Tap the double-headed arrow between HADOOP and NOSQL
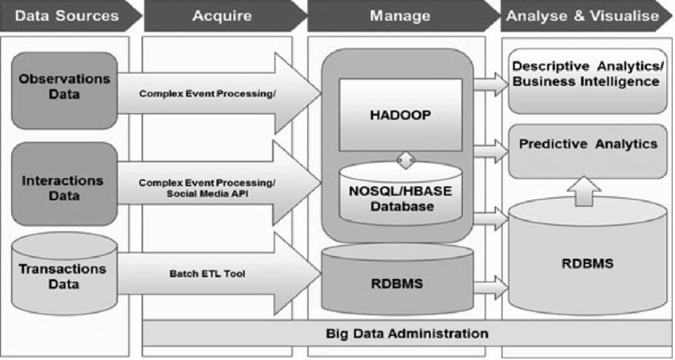[406, 160]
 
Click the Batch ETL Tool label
[207, 273]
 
